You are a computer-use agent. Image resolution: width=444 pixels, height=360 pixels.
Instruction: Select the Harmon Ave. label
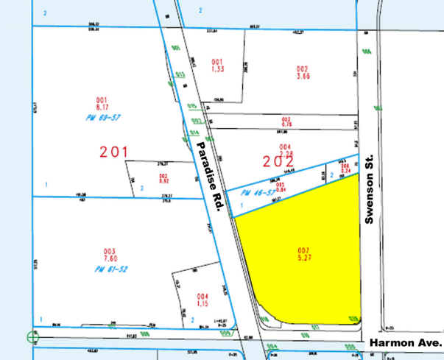(x=405, y=343)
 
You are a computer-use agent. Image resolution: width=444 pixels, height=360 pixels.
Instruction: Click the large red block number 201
(x=115, y=152)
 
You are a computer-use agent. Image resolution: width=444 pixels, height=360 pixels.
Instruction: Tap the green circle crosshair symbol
(x=32, y=337)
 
